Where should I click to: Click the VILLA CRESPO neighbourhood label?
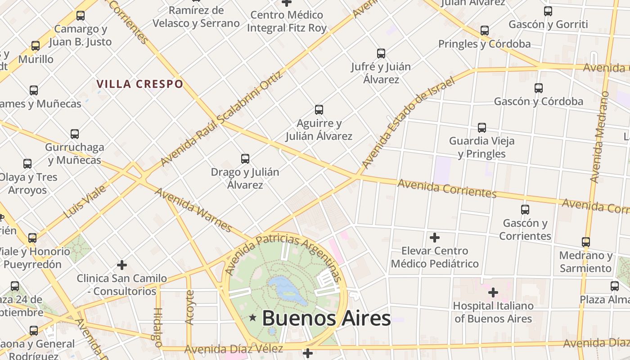139,84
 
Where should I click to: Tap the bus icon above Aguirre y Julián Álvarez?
319,109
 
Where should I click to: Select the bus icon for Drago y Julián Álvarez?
245,158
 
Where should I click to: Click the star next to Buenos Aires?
253,318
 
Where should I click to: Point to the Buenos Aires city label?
326,319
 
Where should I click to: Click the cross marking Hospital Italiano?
493,292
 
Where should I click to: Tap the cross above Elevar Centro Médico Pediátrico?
435,237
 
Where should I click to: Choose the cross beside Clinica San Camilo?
121,265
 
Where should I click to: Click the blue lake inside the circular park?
285,289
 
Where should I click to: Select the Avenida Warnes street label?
193,210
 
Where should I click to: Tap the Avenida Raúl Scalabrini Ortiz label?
222,118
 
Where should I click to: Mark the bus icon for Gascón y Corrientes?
525,209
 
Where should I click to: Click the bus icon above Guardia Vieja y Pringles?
482,127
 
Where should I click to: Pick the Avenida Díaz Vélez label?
234,349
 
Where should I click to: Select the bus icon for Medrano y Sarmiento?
586,242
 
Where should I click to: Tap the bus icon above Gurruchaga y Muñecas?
75,134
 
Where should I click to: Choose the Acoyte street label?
189,307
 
